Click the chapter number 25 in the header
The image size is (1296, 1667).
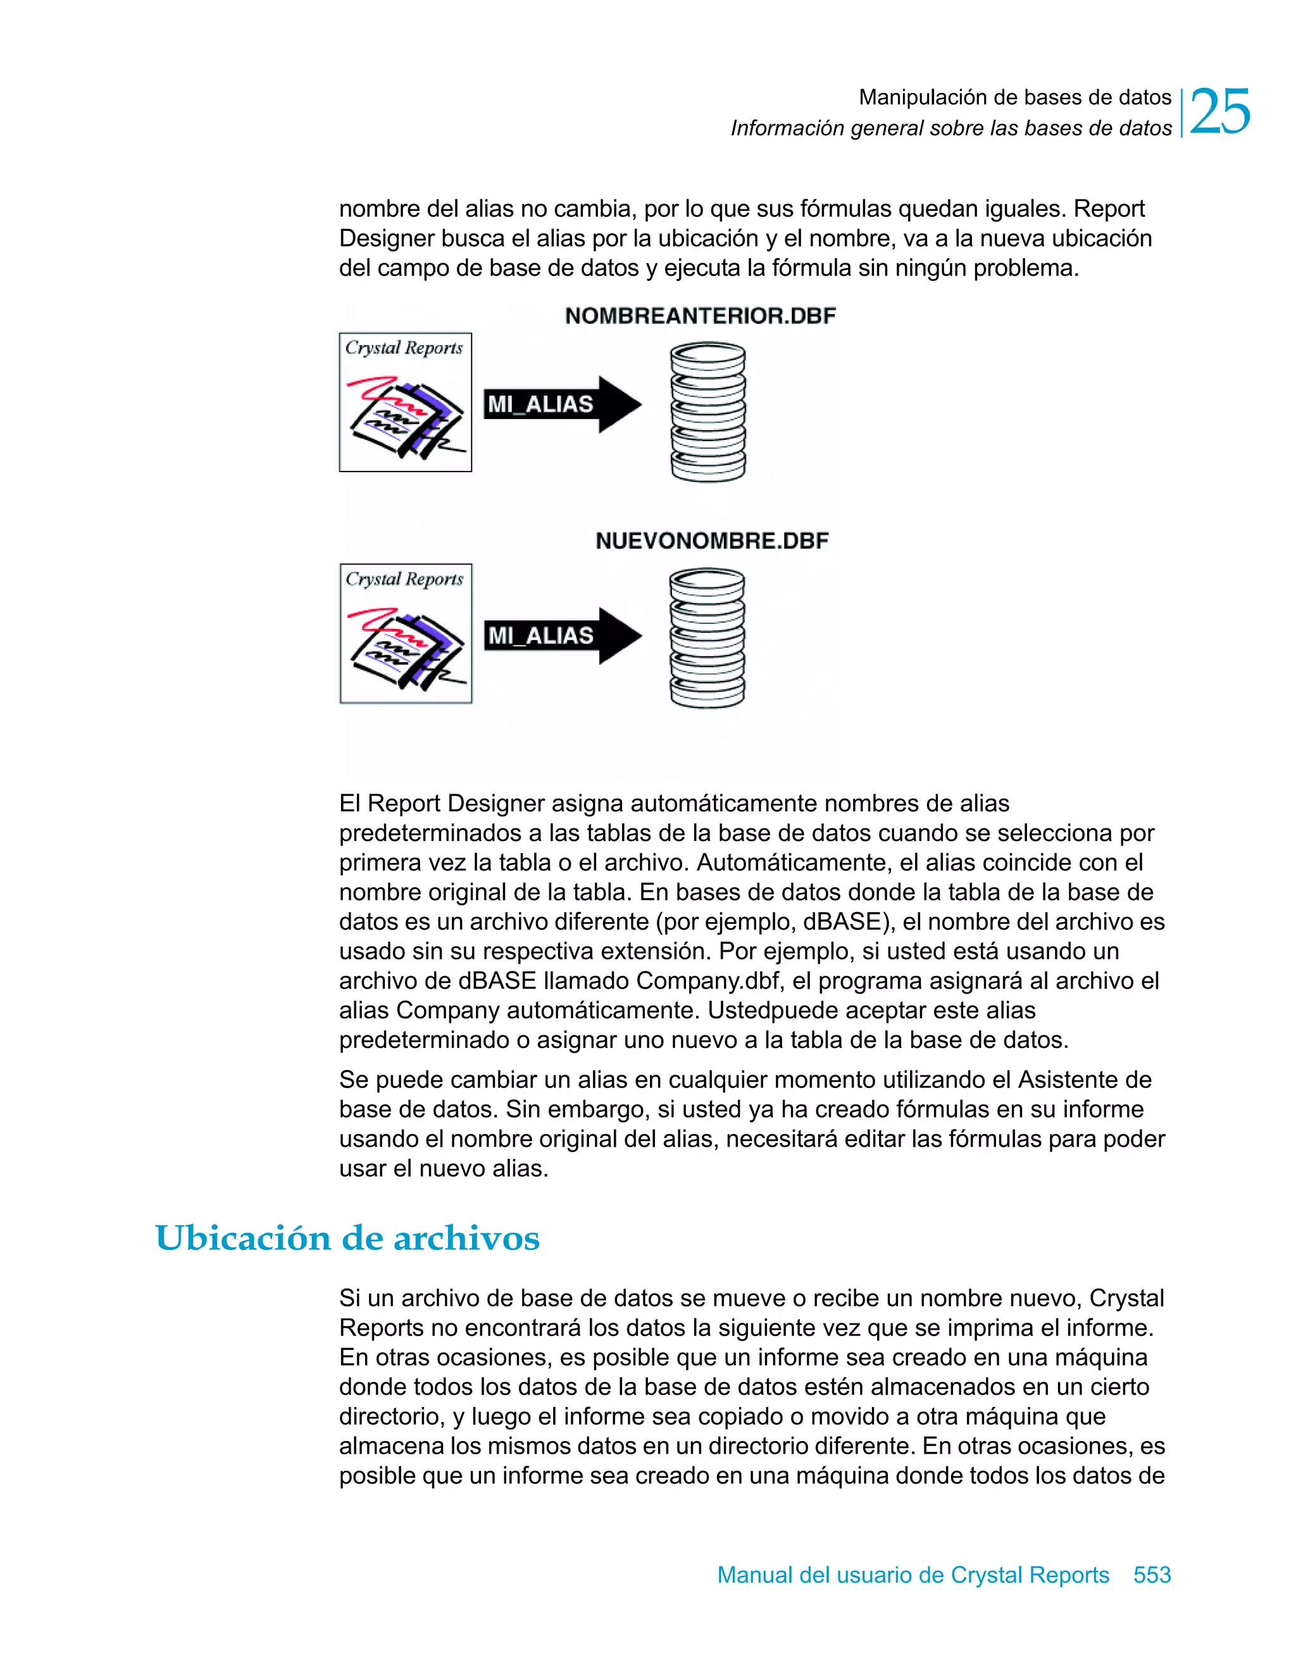1219,112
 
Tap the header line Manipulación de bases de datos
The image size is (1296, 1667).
1014,97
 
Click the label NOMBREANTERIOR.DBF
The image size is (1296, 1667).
700,316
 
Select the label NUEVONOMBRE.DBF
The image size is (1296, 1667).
711,541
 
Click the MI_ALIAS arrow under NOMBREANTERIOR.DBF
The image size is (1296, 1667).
563,404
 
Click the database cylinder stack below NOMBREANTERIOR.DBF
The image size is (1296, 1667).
707,412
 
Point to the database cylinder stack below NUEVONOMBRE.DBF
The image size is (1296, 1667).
707,638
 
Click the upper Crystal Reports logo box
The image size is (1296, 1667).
405,403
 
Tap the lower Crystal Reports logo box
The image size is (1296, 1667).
405,634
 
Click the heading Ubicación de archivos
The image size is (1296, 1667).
347,1238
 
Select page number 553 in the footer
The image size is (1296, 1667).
1152,1575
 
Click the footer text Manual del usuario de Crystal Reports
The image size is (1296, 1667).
913,1575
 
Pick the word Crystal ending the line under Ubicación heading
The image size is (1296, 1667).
1126,1298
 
